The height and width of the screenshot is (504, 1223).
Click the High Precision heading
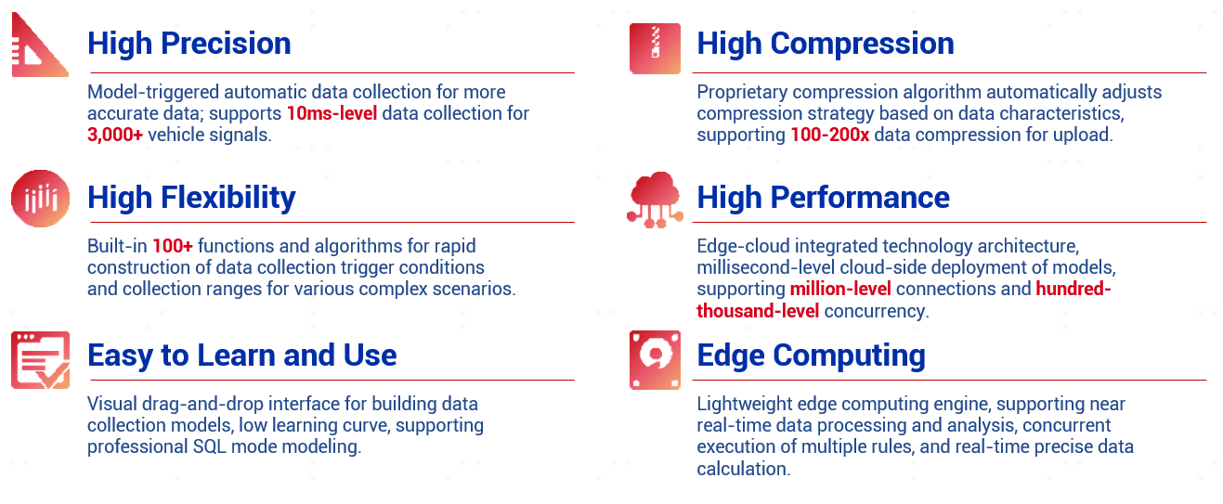pos(189,44)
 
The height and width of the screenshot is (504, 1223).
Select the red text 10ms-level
pos(332,113)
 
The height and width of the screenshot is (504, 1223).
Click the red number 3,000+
pos(114,135)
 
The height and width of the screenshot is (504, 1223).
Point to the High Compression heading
pos(826,44)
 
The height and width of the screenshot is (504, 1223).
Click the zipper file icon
pos(655,48)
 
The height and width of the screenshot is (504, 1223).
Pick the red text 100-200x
pos(830,135)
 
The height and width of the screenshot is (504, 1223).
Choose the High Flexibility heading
pos(191,198)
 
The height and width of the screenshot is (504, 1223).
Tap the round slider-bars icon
pos(41,199)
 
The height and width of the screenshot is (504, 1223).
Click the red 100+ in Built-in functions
pos(173,246)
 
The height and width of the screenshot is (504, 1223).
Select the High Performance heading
pos(824,198)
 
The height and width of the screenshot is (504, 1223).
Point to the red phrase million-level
pos(840,289)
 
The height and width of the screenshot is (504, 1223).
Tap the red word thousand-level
pos(758,311)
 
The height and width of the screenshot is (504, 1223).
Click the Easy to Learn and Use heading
pos(241,355)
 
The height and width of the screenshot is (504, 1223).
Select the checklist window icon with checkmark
pos(41,360)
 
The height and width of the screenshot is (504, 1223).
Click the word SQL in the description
pos(210,446)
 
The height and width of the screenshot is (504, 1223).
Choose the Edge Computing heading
pos(812,355)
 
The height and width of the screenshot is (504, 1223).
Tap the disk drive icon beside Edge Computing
pos(655,359)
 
